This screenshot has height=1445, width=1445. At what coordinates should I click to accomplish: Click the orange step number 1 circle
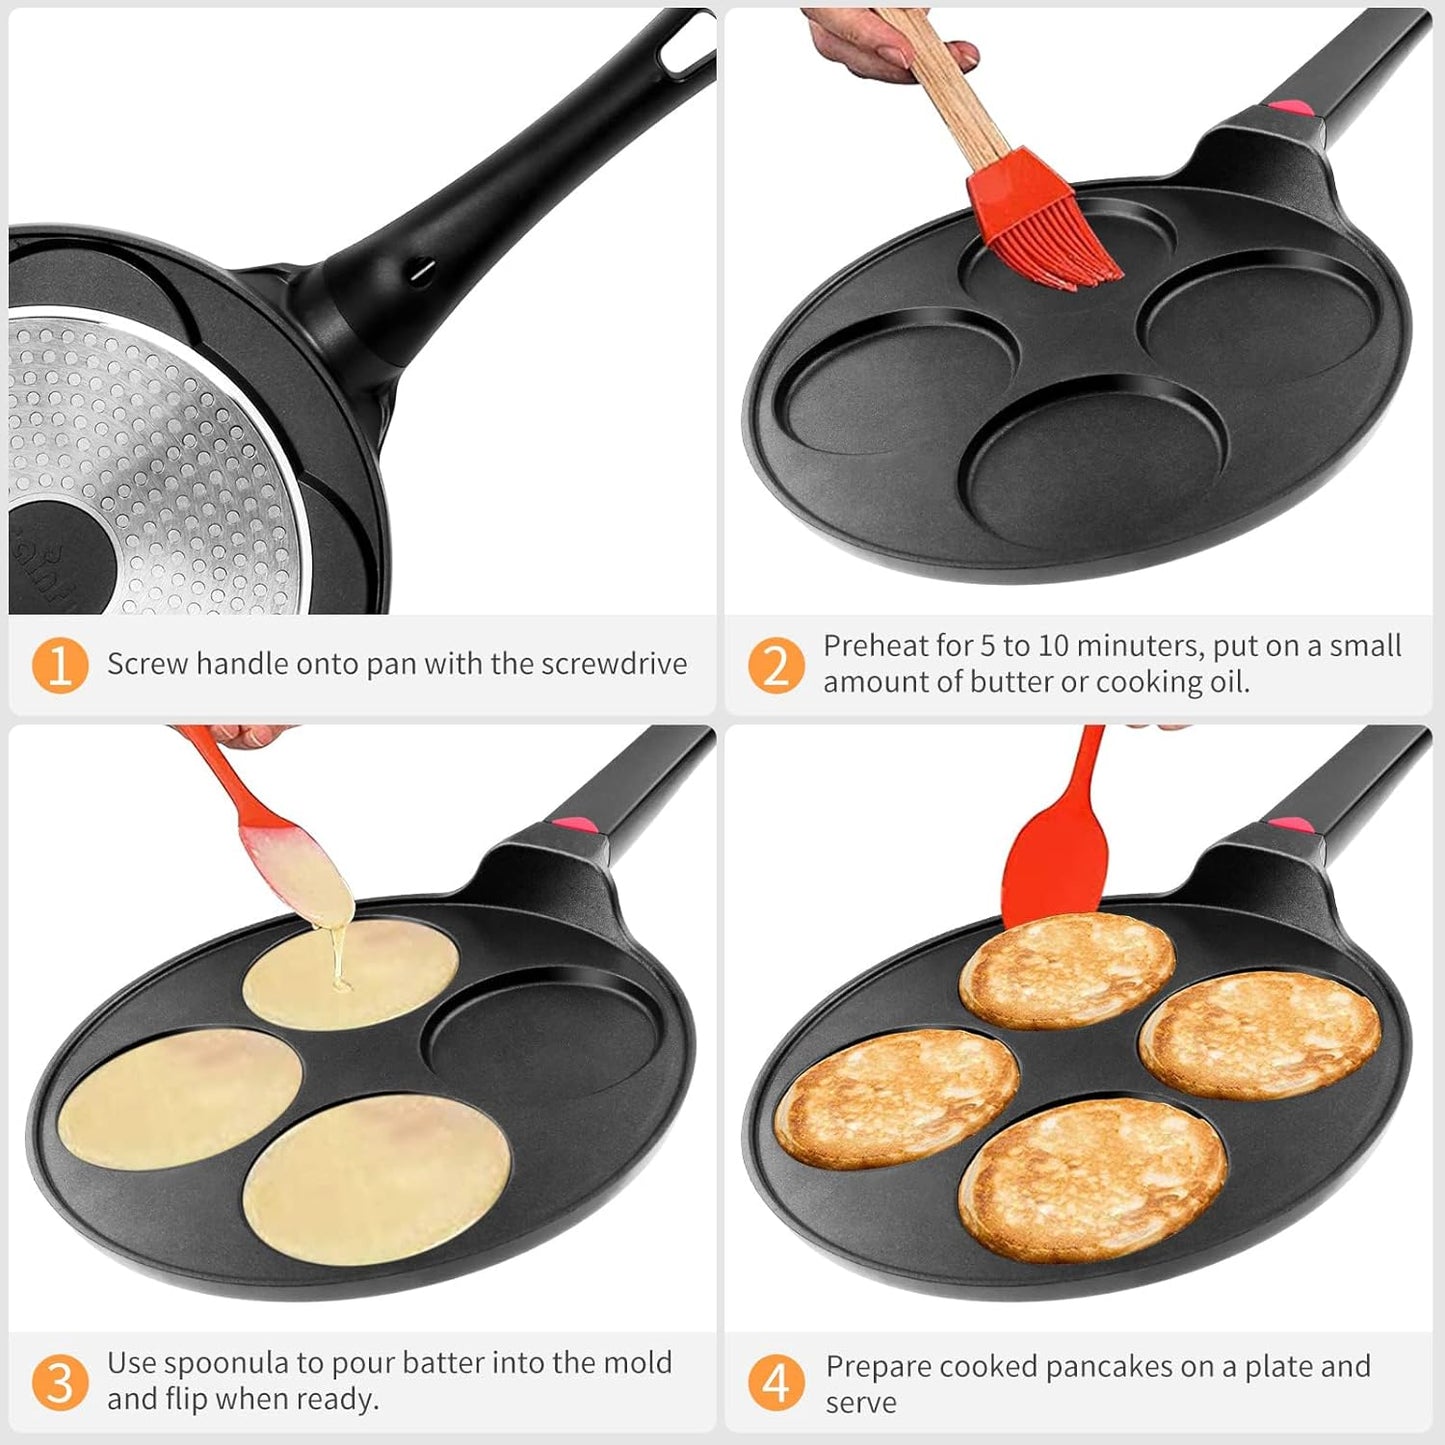tap(60, 665)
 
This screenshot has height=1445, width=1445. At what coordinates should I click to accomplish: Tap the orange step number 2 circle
tap(776, 665)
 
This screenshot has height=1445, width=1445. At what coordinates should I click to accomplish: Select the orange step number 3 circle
tap(60, 1382)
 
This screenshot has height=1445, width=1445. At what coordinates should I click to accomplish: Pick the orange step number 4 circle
tap(776, 1384)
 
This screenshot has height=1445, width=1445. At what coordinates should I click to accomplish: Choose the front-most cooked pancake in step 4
tap(1092, 1180)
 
